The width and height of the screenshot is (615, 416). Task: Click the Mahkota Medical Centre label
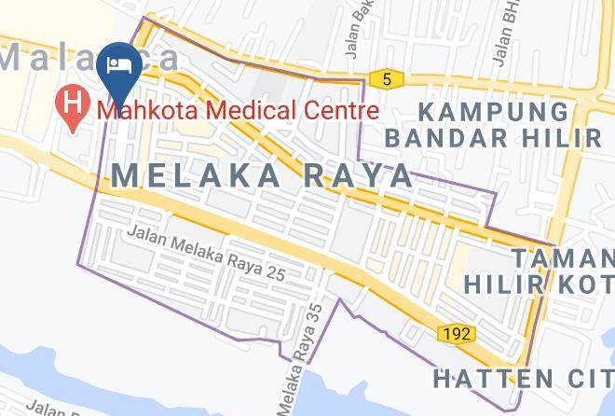coord(238,110)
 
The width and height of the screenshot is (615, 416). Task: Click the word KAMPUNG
coord(493,112)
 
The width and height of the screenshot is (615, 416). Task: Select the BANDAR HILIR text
coord(493,138)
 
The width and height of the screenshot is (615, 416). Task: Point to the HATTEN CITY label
coord(522,379)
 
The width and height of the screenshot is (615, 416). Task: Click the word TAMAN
coord(561,257)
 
